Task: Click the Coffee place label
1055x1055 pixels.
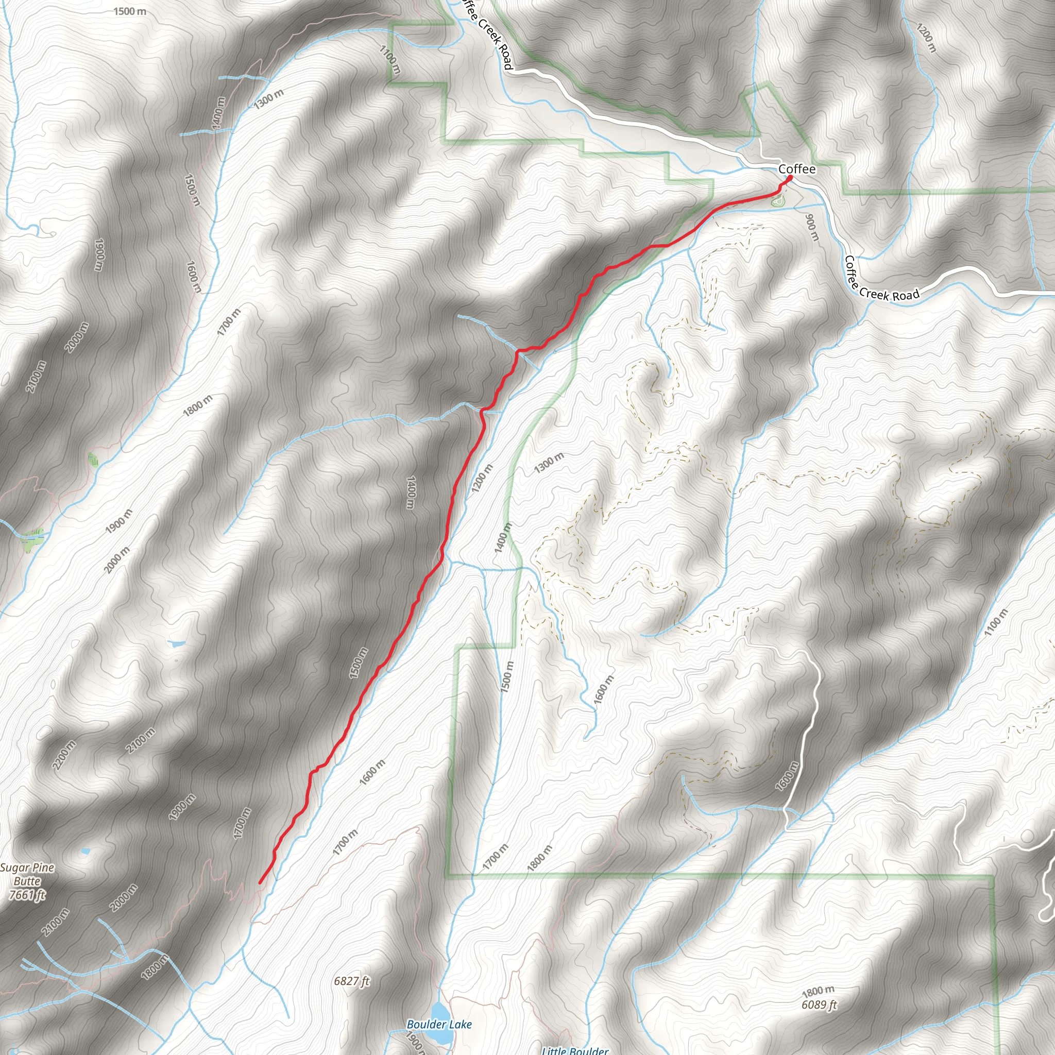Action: pos(797,169)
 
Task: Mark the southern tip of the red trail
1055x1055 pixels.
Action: pos(260,882)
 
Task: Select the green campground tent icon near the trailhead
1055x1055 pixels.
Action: pos(776,201)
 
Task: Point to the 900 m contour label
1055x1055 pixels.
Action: pos(812,227)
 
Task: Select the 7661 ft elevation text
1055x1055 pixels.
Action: pos(27,895)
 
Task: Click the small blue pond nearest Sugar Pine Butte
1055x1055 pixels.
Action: pos(85,852)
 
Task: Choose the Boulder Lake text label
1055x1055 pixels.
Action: pos(439,1025)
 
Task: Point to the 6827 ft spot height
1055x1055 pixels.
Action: pos(352,981)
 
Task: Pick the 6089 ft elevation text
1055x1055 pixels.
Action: pos(819,1005)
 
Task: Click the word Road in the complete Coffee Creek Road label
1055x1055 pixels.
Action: pos(906,295)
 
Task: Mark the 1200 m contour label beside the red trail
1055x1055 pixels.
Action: pos(482,478)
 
